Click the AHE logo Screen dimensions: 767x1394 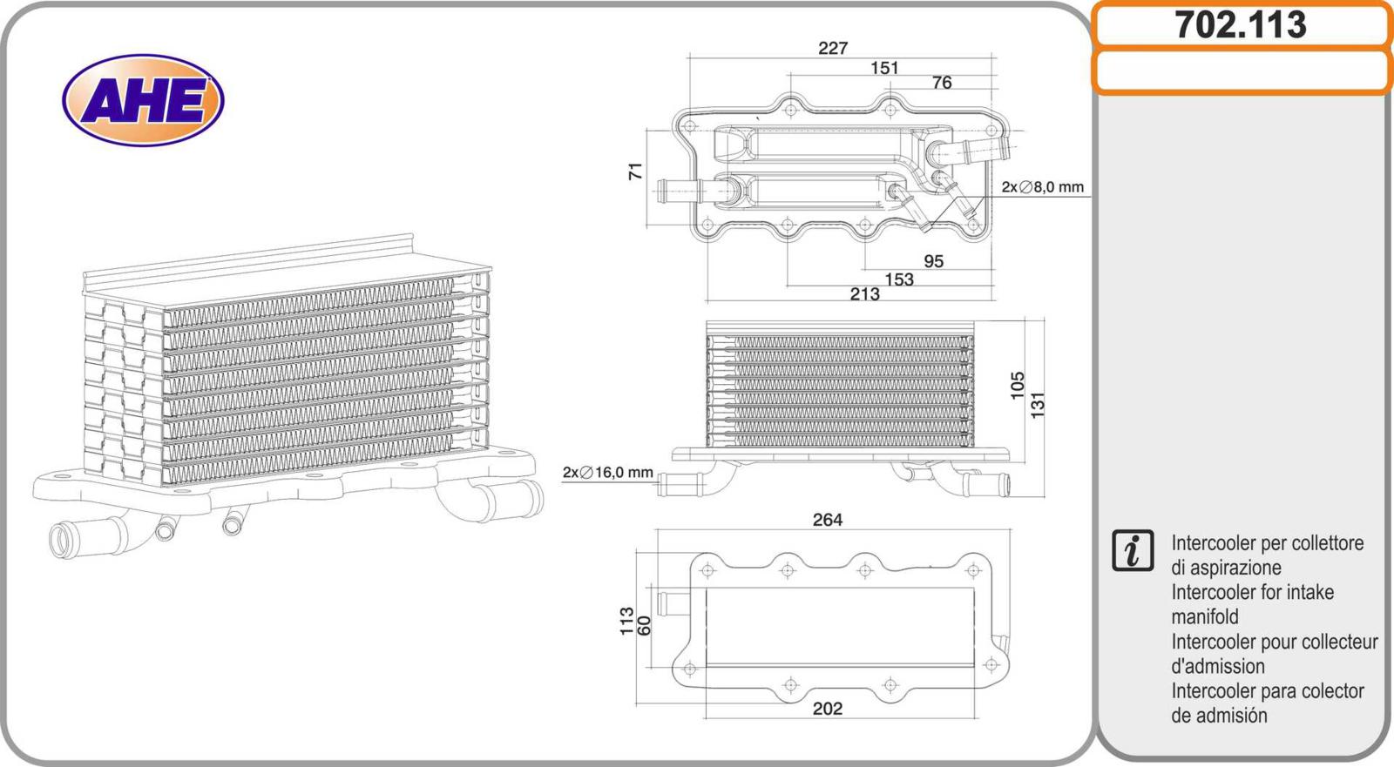pyautogui.click(x=143, y=100)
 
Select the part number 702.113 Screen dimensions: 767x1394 pyautogui.click(x=1241, y=25)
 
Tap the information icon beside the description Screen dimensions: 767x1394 pyautogui.click(x=1133, y=550)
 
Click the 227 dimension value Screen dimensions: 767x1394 pyautogui.click(x=832, y=49)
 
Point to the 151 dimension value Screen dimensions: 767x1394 pyautogui.click(x=884, y=68)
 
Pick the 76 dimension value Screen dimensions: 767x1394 pyautogui.click(x=942, y=83)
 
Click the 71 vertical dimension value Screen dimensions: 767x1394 pyautogui.click(x=636, y=172)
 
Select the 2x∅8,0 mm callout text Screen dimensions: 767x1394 pyautogui.click(x=1043, y=187)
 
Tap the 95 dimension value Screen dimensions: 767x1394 pyautogui.click(x=933, y=261)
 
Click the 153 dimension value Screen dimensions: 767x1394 pyautogui.click(x=899, y=279)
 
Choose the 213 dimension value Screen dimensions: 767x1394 pyautogui.click(x=865, y=294)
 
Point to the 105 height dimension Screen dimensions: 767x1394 pyautogui.click(x=1018, y=386)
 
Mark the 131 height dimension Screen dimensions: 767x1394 pyautogui.click(x=1037, y=405)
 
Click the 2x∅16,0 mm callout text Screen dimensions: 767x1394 pyautogui.click(x=608, y=473)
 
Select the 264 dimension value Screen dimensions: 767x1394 pyautogui.click(x=828, y=520)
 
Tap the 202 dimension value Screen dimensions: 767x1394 pyautogui.click(x=828, y=709)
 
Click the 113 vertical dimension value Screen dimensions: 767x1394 pyautogui.click(x=626, y=622)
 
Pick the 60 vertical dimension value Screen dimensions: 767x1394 pyautogui.click(x=645, y=625)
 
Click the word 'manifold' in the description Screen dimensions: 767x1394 pyautogui.click(x=1205, y=617)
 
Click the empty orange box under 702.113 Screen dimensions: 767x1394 pyautogui.click(x=1241, y=72)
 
